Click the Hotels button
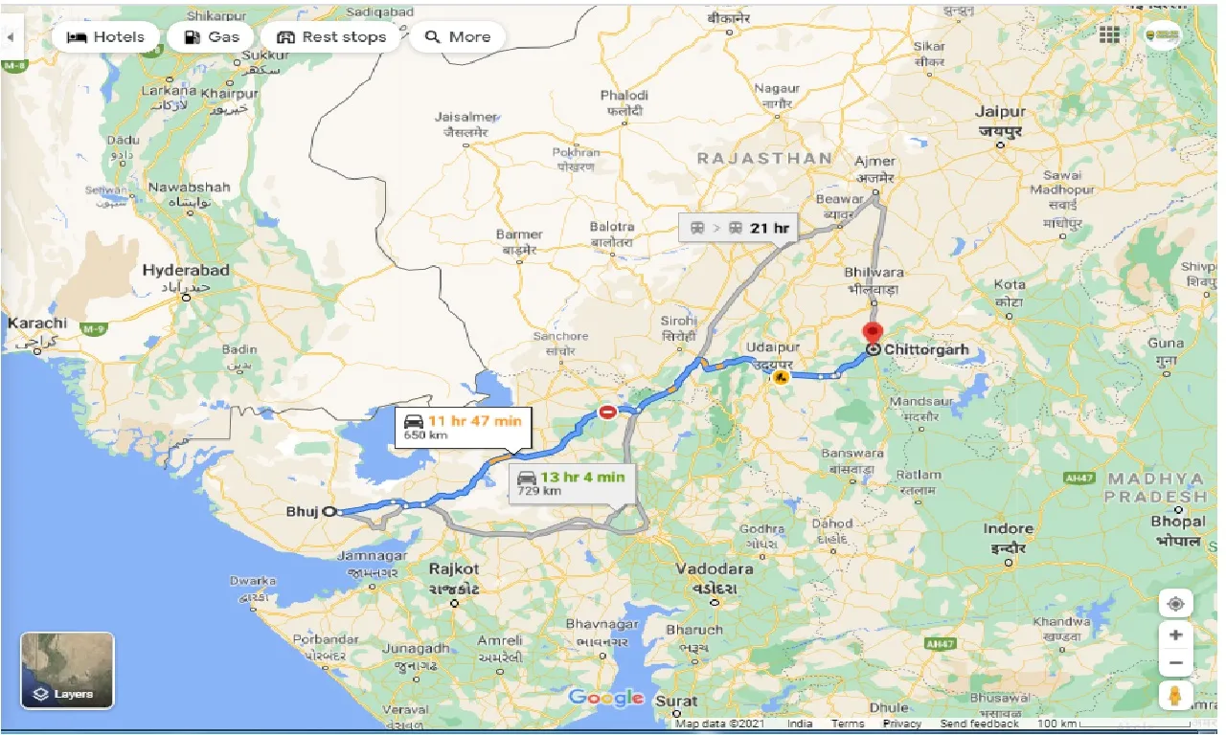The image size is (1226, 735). click(x=105, y=37)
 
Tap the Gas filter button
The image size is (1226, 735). click(x=211, y=37)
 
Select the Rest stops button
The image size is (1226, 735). click(x=331, y=37)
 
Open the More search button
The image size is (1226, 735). click(x=458, y=37)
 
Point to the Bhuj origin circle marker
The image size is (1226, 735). click(x=330, y=512)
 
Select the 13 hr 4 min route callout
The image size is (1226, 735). click(x=572, y=483)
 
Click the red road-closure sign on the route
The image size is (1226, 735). click(x=607, y=412)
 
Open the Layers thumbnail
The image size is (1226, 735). click(x=67, y=670)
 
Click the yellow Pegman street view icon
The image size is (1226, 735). click(x=1175, y=696)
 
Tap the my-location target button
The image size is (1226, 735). click(x=1175, y=604)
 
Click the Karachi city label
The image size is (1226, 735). click(x=37, y=323)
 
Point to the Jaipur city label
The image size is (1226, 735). click(x=1000, y=112)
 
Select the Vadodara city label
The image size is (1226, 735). click(x=714, y=568)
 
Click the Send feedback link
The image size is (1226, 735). click(x=979, y=724)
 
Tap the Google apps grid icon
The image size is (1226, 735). click(x=1109, y=35)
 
